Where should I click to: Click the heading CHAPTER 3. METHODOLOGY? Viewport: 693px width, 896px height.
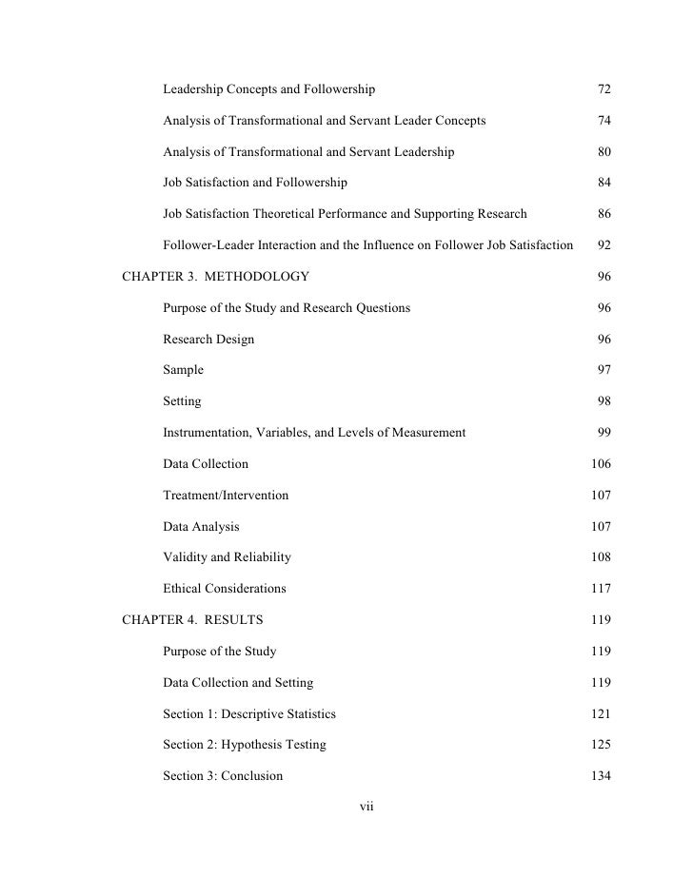pyautogui.click(x=216, y=277)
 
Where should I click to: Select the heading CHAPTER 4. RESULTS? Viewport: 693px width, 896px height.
pyautogui.click(x=193, y=620)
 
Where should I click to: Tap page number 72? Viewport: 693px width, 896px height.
pyautogui.click(x=604, y=89)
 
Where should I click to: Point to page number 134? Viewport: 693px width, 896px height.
pyautogui.click(x=601, y=775)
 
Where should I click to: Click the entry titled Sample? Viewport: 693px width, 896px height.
pyautogui.click(x=183, y=370)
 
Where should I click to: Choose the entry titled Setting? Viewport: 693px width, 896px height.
pyautogui.click(x=182, y=401)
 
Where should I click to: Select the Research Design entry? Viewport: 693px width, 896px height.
pyautogui.click(x=208, y=339)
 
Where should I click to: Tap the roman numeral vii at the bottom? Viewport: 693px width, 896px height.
pyautogui.click(x=366, y=807)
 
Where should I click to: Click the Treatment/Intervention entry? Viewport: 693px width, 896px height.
pyautogui.click(x=226, y=496)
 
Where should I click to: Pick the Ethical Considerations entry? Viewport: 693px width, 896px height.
pyautogui.click(x=224, y=589)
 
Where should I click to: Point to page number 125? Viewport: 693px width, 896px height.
pyautogui.click(x=601, y=745)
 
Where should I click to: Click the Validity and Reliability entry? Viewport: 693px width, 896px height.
pyautogui.click(x=227, y=557)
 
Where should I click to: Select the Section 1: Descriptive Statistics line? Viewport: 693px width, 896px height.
pyautogui.click(x=248, y=713)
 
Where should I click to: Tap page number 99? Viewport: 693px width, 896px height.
pyautogui.click(x=604, y=433)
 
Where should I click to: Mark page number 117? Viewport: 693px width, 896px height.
pyautogui.click(x=601, y=589)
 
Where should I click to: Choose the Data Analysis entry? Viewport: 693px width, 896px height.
pyautogui.click(x=201, y=526)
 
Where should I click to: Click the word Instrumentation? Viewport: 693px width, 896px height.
pyautogui.click(x=207, y=433)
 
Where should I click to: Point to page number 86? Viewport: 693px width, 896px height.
pyautogui.click(x=604, y=214)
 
